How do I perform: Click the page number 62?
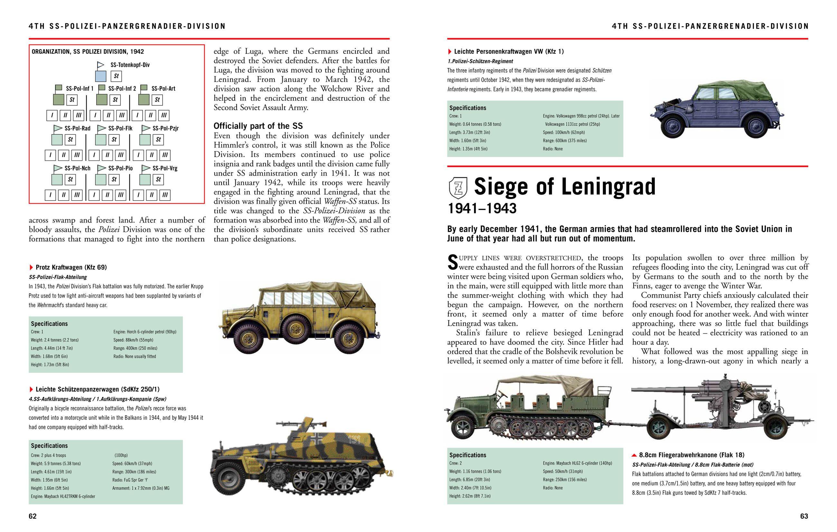(x=32, y=516)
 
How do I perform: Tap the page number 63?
(x=804, y=516)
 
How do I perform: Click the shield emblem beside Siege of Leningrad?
(x=458, y=188)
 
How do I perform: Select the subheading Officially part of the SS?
(x=258, y=126)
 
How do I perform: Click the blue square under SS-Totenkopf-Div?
(x=100, y=76)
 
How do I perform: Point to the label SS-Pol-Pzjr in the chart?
(x=165, y=128)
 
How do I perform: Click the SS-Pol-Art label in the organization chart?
(x=163, y=89)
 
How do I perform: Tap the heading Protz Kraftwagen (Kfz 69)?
(x=71, y=267)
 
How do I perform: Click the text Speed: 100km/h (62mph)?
(x=563, y=132)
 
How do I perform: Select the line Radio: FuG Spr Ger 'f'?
(x=130, y=480)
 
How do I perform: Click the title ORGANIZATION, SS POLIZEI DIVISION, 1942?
(x=88, y=52)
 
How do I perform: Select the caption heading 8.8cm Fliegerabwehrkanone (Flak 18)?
(x=691, y=455)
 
